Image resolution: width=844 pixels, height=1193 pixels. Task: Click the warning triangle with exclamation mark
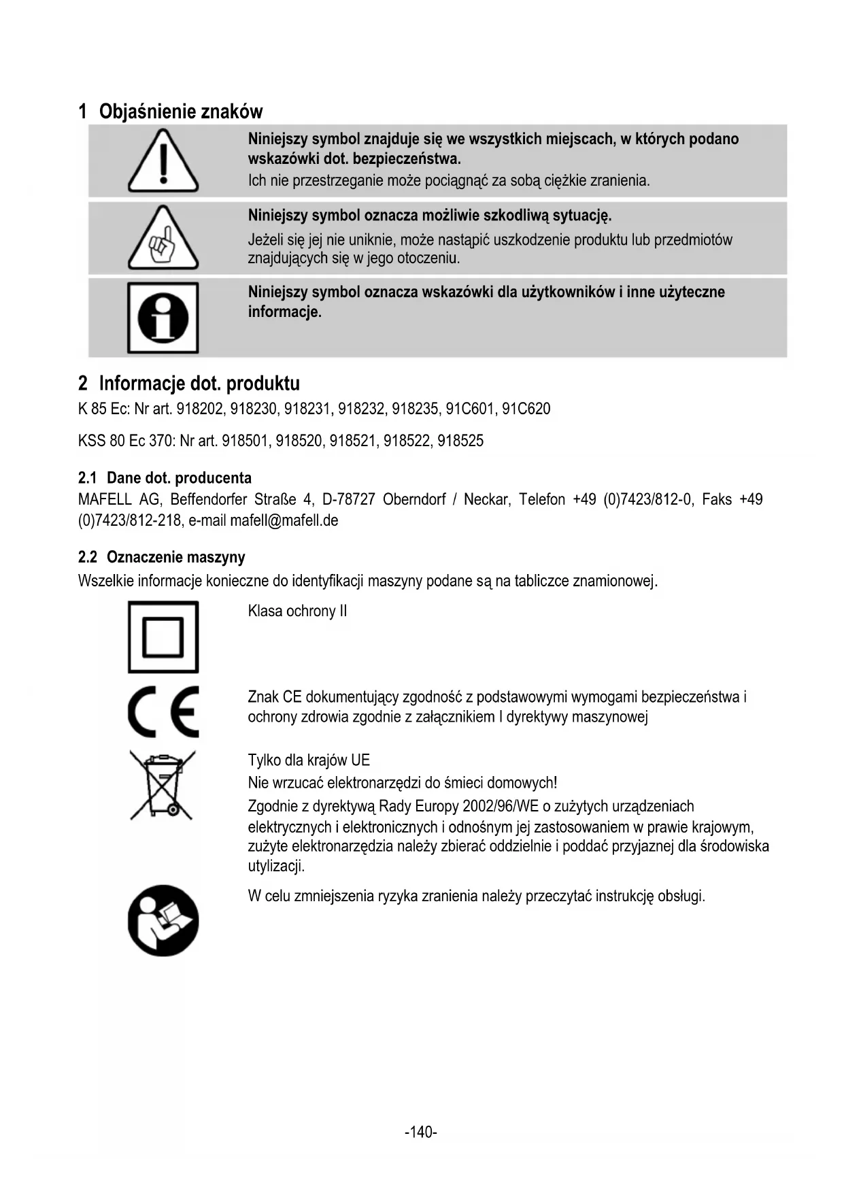[x=163, y=162]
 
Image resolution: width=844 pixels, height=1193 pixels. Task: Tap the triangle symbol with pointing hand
[x=163, y=238]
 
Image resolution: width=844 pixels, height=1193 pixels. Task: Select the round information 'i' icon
[x=163, y=318]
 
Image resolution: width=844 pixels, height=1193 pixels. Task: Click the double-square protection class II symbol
[x=163, y=637]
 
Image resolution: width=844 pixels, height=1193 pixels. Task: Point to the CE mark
[x=163, y=711]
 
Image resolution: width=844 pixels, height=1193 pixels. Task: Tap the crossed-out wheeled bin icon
[x=163, y=785]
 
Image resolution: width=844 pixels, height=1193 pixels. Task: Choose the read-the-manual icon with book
[x=163, y=920]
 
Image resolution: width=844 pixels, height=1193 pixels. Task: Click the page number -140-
[x=420, y=1132]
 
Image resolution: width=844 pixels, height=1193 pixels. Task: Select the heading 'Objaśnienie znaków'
[x=180, y=112]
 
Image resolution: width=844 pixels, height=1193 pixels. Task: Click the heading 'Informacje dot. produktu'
[x=199, y=384]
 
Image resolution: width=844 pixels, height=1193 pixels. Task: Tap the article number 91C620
[x=526, y=409]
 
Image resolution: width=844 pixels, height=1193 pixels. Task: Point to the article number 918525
[x=460, y=441]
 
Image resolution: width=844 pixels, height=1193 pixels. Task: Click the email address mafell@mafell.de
[x=284, y=521]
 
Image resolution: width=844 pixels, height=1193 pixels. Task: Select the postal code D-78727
[x=348, y=500]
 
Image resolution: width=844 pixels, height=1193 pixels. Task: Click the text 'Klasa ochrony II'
[x=297, y=611]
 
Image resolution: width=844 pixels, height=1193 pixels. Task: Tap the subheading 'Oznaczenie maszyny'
[x=175, y=558]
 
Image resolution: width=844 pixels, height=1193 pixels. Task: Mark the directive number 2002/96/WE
[x=500, y=807]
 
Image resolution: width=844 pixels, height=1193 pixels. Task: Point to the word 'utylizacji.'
[x=276, y=866]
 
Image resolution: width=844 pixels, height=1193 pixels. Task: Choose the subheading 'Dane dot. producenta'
[x=179, y=478]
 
